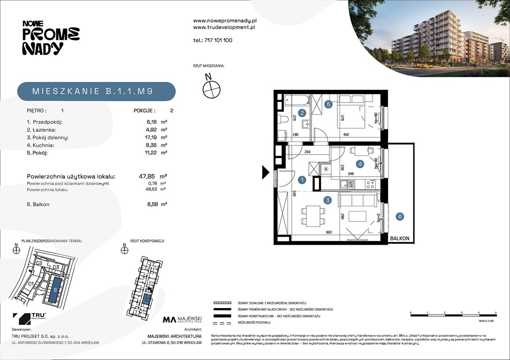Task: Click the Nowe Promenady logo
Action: (51, 37)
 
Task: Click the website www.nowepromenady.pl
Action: (224, 21)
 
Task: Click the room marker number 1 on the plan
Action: (303, 180)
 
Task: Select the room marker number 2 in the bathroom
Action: (303, 112)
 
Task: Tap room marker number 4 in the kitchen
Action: (360, 164)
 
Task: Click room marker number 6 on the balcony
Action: (400, 217)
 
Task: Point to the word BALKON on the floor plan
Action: (399, 239)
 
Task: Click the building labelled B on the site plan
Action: (55, 289)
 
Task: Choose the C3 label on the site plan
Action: (55, 267)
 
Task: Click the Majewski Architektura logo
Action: (182, 320)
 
